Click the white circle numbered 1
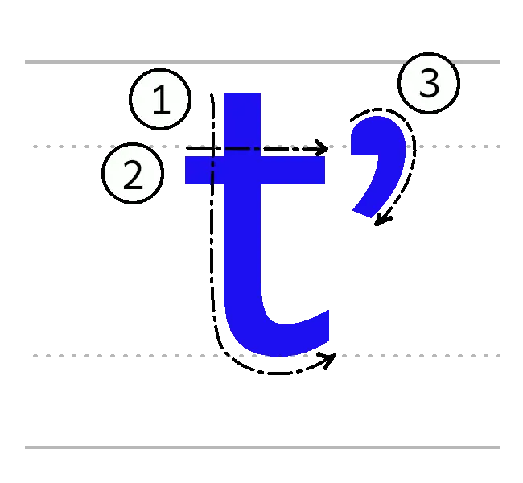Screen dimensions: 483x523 (161, 101)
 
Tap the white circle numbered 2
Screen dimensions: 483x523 (134, 175)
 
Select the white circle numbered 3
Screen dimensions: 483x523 (428, 84)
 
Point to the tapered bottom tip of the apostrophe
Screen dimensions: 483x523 (361, 213)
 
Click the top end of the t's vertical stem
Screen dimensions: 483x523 (242, 95)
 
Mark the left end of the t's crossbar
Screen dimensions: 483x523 (187, 171)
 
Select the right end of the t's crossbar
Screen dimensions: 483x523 (323, 171)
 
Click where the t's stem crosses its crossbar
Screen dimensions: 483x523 (242, 171)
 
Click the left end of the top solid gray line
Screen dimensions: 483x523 (22, 61)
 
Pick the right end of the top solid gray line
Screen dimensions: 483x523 (500, 61)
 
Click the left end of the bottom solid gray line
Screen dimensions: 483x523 (22, 447)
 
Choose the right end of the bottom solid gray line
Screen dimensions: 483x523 (500, 447)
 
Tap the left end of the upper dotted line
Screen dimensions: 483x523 (32, 145)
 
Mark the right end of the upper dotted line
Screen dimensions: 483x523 (500, 145)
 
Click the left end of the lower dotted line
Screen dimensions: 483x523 (32, 357)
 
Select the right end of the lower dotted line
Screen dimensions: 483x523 (500, 357)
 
